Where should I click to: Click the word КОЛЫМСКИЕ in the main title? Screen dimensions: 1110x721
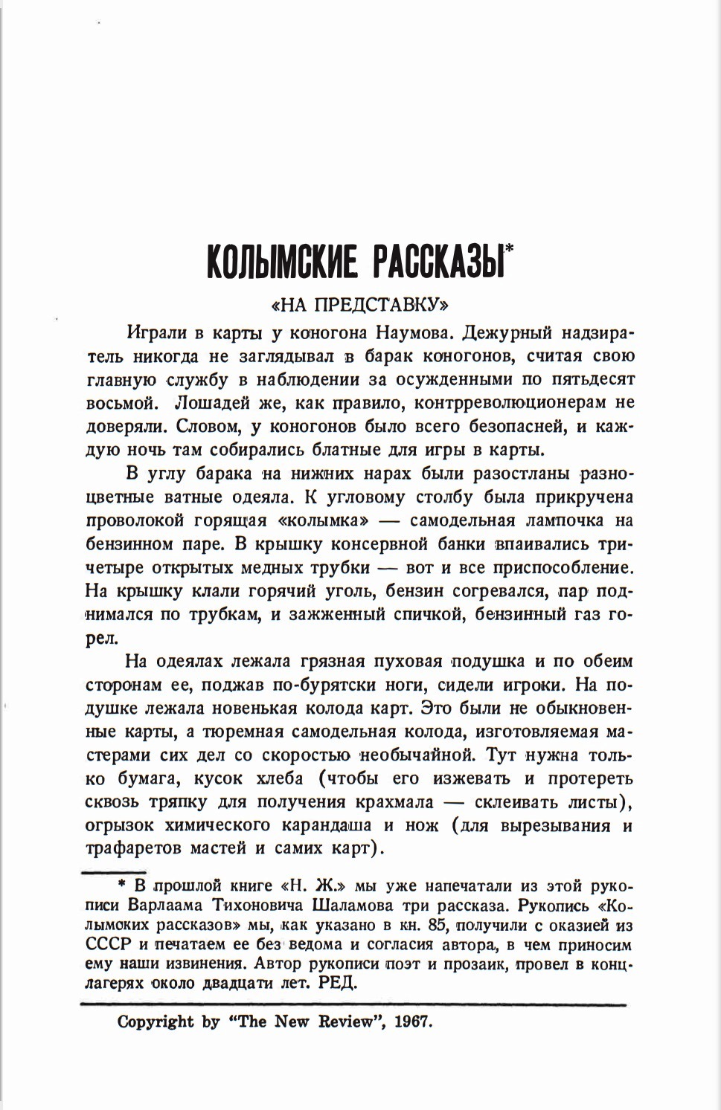(280, 263)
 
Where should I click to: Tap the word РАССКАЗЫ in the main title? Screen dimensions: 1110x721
(435, 263)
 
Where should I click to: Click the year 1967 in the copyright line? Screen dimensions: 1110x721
(413, 1022)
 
